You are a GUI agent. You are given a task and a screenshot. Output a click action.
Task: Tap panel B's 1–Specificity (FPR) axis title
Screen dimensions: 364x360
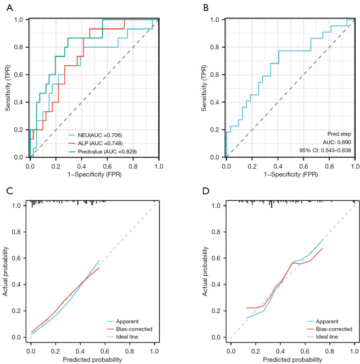coord(289,174)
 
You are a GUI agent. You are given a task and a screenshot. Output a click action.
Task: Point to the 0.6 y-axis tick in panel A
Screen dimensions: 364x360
coord(19,75)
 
